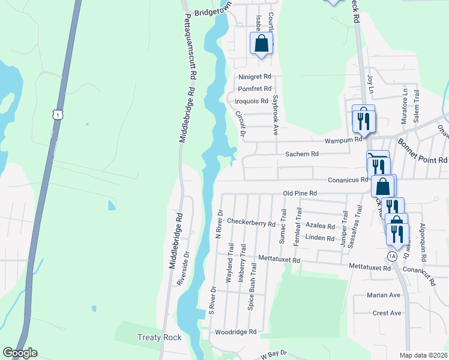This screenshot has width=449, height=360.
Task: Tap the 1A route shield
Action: pyautogui.click(x=392, y=256)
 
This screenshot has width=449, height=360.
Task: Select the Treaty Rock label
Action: pyautogui.click(x=160, y=338)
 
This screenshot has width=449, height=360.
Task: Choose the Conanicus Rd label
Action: pyautogui.click(x=348, y=179)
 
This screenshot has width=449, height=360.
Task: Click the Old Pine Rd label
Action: pyautogui.click(x=300, y=193)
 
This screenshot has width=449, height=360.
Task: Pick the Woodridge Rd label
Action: pyautogui.click(x=236, y=331)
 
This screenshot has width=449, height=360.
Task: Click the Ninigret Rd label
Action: pyautogui.click(x=255, y=77)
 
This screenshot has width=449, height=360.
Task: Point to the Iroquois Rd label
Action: pyautogui.click(x=252, y=101)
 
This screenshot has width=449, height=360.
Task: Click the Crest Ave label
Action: pyautogui.click(x=387, y=313)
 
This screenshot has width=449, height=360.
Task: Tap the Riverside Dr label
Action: pyautogui.click(x=182, y=268)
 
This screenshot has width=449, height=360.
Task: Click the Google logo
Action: pyautogui.click(x=20, y=353)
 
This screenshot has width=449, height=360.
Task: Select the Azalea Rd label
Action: pyautogui.click(x=320, y=226)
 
